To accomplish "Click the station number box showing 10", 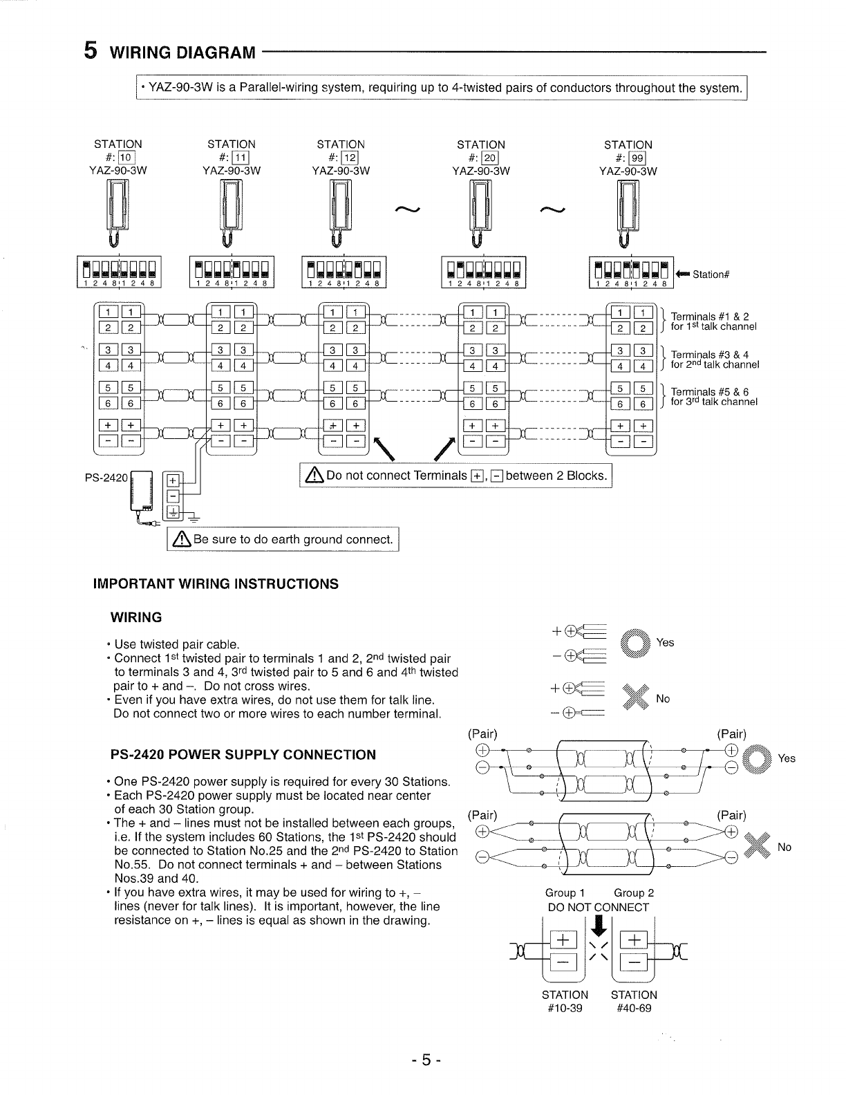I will click(132, 158).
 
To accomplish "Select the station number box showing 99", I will click(636, 158).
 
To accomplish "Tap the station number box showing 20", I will click(489, 158).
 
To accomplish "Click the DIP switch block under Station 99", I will click(630, 272).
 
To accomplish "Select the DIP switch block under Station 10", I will click(119, 272).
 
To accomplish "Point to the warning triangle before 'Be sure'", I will click(182, 539).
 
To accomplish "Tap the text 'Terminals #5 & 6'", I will click(710, 393).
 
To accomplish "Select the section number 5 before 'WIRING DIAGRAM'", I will click(90, 50).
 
